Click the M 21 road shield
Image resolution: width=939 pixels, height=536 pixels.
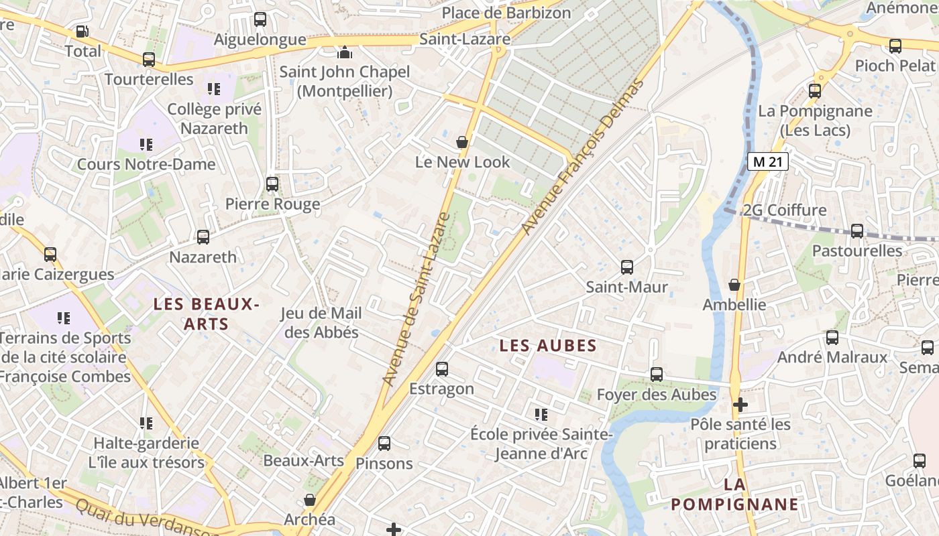point(767,161)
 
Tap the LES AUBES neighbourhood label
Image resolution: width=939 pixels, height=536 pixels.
point(548,346)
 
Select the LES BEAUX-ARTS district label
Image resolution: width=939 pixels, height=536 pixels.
point(206,314)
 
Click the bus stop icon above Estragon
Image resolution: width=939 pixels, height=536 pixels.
point(441,369)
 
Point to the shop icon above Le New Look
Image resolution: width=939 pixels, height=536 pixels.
point(462,142)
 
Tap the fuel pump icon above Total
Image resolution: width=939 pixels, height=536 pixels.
point(82,31)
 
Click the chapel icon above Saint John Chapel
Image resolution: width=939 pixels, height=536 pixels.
point(345,52)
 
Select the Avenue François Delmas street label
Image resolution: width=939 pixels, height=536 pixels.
point(582,157)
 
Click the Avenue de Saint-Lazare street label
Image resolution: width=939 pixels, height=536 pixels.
point(416,299)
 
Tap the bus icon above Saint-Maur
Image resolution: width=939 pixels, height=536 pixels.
point(626,267)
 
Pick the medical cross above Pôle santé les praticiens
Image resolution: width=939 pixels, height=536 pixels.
point(740,405)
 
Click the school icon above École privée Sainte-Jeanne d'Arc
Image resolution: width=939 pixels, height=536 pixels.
point(541,415)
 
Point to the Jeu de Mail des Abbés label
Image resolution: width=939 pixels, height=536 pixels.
point(321,323)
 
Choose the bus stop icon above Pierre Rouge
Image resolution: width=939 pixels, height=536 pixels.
point(272,184)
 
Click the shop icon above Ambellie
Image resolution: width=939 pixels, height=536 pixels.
point(734,285)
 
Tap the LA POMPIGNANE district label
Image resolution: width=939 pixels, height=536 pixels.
point(735,494)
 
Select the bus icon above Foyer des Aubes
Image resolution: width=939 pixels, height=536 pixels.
point(657,375)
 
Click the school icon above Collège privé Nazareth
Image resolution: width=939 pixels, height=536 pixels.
point(214,89)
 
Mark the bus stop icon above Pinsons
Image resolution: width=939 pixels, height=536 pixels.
point(384,444)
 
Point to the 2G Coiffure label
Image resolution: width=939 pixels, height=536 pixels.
point(784,210)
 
